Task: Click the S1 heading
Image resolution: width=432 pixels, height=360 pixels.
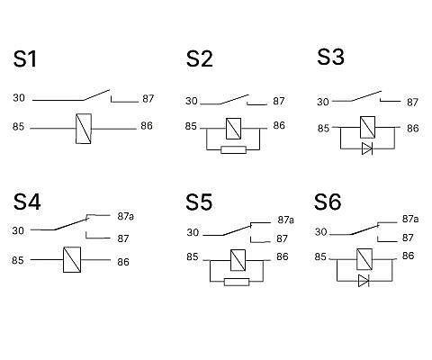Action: pyautogui.click(x=25, y=58)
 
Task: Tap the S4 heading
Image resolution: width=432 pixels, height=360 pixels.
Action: pyautogui.click(x=27, y=202)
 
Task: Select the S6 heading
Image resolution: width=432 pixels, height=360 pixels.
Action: pyautogui.click(x=328, y=202)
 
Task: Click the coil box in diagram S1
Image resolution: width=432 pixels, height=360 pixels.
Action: pyautogui.click(x=84, y=129)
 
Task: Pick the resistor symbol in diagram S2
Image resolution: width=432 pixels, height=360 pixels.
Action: pyautogui.click(x=233, y=149)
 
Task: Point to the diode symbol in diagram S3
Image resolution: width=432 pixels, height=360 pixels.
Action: pyautogui.click(x=367, y=148)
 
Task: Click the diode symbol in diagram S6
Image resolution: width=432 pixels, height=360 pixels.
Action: pyautogui.click(x=364, y=281)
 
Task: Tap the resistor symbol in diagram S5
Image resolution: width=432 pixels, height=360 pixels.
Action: pyautogui.click(x=237, y=282)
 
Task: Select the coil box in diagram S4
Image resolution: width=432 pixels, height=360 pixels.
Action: pyautogui.click(x=72, y=259)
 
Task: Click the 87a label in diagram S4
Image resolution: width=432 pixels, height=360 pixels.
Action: pyautogui.click(x=125, y=216)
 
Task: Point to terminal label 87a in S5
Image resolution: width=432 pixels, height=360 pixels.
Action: pyautogui.click(x=285, y=220)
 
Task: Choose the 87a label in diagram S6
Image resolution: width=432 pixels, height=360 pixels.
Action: pyautogui.click(x=410, y=219)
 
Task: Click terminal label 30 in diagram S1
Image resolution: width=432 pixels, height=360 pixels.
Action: pyautogui.click(x=19, y=98)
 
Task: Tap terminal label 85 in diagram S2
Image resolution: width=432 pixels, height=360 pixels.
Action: pyautogui.click(x=191, y=126)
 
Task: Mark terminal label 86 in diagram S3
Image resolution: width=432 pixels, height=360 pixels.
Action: pyautogui.click(x=412, y=129)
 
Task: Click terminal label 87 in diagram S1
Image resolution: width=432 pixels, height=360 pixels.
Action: pyautogui.click(x=148, y=99)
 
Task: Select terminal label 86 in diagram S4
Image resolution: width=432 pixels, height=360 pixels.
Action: pyautogui.click(x=123, y=262)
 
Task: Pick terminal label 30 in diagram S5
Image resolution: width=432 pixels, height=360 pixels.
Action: pyautogui.click(x=193, y=232)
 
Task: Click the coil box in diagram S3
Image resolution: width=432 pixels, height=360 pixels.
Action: pyautogui.click(x=367, y=127)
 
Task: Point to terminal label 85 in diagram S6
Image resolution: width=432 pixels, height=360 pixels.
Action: pyautogui.click(x=320, y=256)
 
